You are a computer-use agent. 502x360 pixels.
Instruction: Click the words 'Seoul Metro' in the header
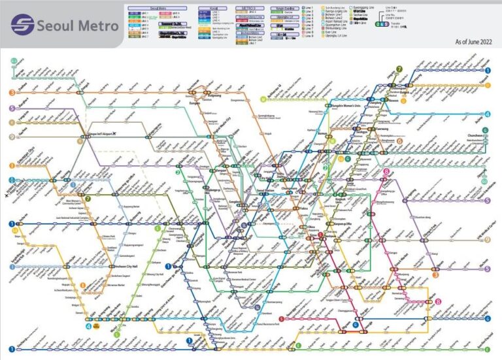[x=77, y=25]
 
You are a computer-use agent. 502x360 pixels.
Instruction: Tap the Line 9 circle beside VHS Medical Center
[x=487, y=240]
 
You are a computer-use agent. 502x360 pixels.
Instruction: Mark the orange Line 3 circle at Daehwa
[x=11, y=93]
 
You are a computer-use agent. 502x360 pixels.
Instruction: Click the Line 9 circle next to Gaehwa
[x=11, y=137]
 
